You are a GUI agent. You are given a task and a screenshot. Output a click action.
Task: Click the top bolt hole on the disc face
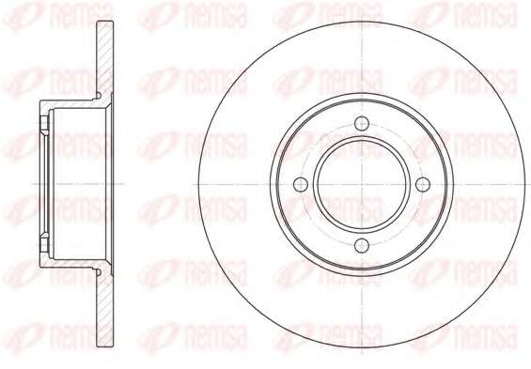click(x=362, y=123)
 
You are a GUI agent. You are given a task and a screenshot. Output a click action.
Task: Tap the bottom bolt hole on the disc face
click(x=362, y=246)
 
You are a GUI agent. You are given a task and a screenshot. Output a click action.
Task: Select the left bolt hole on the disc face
click(x=301, y=185)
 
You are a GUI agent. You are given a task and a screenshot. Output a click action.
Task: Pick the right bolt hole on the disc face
click(x=423, y=185)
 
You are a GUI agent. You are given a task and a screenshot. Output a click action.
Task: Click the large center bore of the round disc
click(x=362, y=185)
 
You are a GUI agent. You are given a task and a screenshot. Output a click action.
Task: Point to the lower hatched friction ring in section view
click(x=105, y=310)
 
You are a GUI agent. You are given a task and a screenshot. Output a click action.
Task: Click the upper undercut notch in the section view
click(x=99, y=96)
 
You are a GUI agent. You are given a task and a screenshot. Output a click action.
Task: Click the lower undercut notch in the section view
click(x=99, y=272)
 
